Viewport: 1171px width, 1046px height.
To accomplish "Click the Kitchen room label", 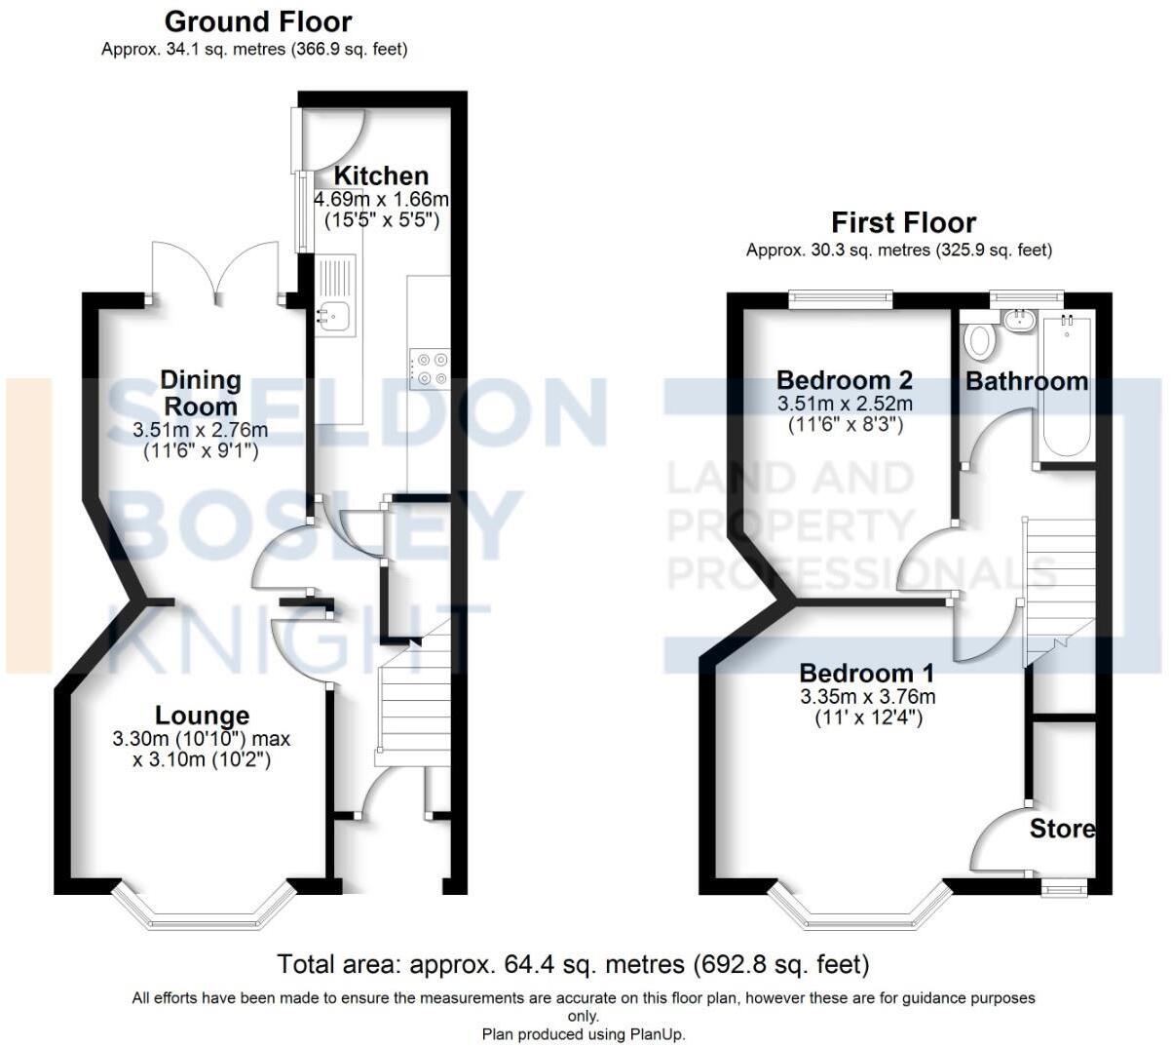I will (381, 176).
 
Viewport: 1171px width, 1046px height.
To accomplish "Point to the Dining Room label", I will (200, 392).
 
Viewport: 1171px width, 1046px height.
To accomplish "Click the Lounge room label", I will (203, 717).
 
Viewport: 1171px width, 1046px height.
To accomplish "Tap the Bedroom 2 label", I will (845, 379).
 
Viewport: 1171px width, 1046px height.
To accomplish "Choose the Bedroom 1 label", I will (866, 673).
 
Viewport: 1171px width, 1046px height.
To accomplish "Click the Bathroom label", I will (1027, 381).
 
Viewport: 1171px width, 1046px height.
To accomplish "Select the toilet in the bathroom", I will (978, 342).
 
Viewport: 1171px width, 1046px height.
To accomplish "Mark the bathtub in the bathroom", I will (1064, 385).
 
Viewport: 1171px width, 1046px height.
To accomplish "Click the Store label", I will (1062, 829).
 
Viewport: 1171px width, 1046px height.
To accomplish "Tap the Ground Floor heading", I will (258, 21).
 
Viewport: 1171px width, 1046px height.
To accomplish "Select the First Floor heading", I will (903, 222).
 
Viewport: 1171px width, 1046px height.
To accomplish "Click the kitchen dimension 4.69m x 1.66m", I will (381, 200).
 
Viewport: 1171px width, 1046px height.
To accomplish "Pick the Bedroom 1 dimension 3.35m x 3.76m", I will (867, 696).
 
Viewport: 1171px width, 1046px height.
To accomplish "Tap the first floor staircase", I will (1058, 585).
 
